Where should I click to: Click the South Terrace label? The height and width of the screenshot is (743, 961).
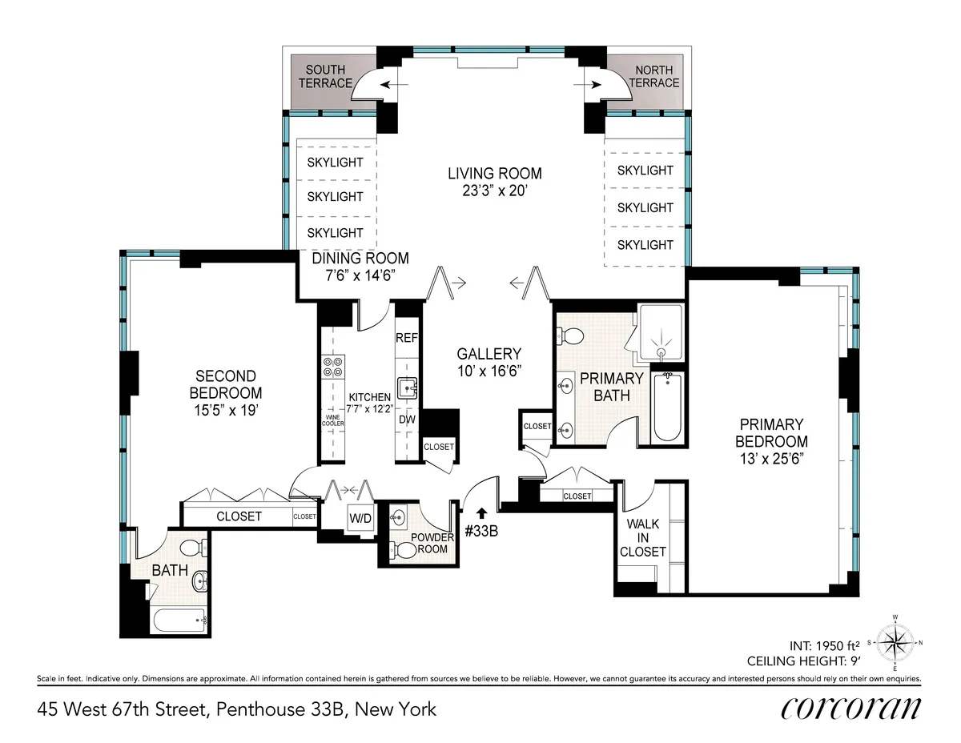click(325, 77)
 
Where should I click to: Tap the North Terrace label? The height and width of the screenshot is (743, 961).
click(653, 77)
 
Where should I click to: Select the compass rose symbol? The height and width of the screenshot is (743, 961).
click(895, 641)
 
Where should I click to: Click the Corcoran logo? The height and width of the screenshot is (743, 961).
click(850, 708)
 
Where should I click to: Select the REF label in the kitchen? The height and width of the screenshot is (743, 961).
click(406, 338)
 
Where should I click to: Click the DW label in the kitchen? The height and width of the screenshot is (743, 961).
click(406, 419)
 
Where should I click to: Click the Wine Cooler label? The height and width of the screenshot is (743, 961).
click(332, 420)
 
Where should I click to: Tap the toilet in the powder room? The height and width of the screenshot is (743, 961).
click(406, 550)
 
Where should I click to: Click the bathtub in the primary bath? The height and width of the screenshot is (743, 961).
click(666, 408)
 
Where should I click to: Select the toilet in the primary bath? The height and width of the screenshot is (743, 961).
click(571, 334)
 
